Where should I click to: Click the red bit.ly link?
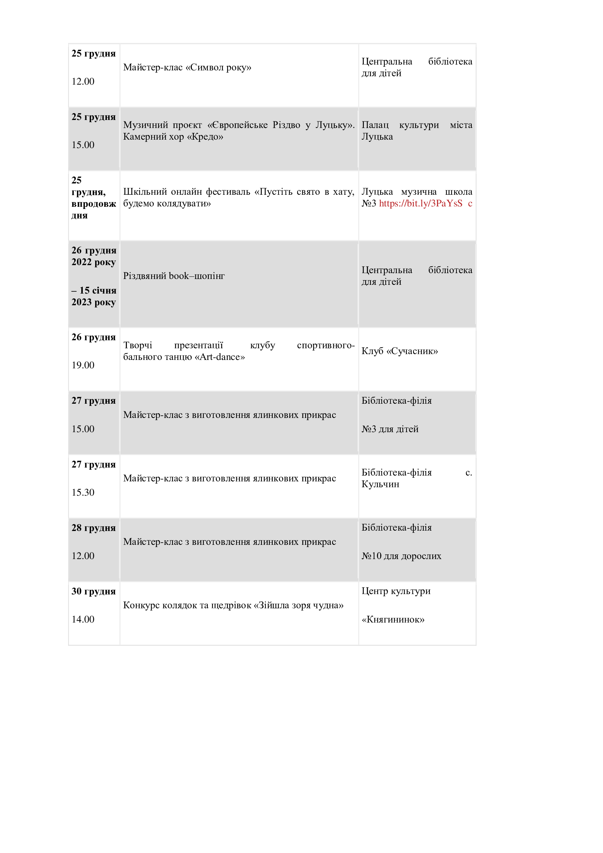(x=421, y=203)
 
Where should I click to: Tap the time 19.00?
(x=83, y=365)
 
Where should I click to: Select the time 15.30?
(x=83, y=492)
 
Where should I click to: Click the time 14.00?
(x=83, y=619)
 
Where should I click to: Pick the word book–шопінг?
(x=197, y=276)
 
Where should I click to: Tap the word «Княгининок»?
(x=393, y=619)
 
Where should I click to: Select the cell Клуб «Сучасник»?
(x=400, y=351)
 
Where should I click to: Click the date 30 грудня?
(x=94, y=592)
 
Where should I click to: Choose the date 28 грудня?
(x=94, y=528)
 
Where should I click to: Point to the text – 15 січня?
(x=94, y=291)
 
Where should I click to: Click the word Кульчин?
(x=380, y=484)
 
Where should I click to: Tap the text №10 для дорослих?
(x=401, y=556)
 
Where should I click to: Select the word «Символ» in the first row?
(x=204, y=67)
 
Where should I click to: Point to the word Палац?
(x=375, y=125)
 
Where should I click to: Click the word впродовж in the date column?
(x=94, y=204)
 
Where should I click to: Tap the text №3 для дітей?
(x=390, y=429)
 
